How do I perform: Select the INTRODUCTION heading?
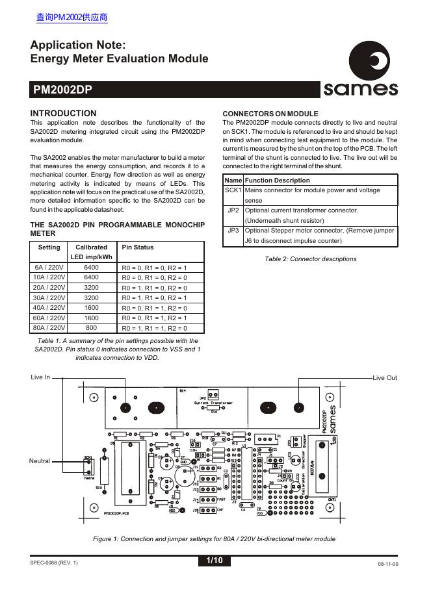click(63, 113)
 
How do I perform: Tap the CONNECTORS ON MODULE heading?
click(270, 113)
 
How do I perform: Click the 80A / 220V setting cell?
click(49, 328)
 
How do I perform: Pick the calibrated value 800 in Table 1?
click(92, 328)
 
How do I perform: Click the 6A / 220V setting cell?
click(49, 267)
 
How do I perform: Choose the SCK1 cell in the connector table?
click(233, 190)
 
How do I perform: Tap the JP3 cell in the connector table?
click(233, 231)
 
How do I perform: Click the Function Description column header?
click(277, 180)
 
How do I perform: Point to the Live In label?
click(40, 377)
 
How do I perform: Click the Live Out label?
click(385, 377)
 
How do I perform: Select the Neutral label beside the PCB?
click(40, 461)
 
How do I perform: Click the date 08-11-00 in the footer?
click(387, 564)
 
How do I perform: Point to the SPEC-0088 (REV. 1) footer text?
click(53, 563)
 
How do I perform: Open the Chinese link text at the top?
click(72, 18)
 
